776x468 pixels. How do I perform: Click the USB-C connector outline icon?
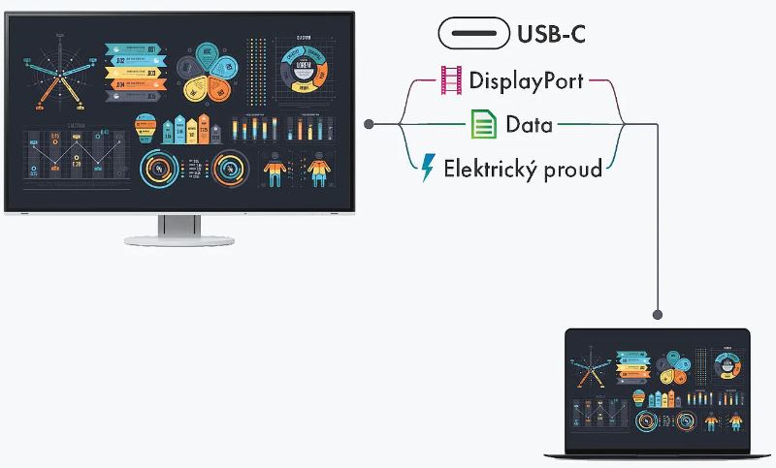coord(473,34)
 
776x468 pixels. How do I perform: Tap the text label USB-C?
coord(551,35)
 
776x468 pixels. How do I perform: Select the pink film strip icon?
coord(451,81)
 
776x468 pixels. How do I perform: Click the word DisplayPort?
coord(527,81)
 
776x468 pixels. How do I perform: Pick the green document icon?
coord(483,124)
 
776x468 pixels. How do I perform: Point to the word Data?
coord(529,124)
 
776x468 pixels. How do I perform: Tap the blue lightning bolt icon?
coord(427,169)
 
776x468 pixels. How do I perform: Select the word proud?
coord(573,169)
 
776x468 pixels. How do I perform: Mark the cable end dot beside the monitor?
coord(369,124)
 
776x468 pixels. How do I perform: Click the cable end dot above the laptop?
coord(659,314)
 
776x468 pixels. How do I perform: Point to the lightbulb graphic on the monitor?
coord(145,127)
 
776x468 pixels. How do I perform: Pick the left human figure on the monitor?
coord(276,171)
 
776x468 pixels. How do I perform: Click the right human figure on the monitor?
coord(317,171)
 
